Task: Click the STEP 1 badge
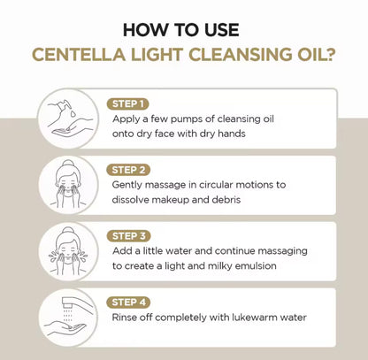[127, 103]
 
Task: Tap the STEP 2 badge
[128, 170]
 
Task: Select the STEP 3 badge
[128, 236]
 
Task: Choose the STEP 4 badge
[128, 303]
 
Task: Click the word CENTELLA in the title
[79, 55]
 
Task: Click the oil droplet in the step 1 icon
[73, 113]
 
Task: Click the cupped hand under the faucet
[65, 329]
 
